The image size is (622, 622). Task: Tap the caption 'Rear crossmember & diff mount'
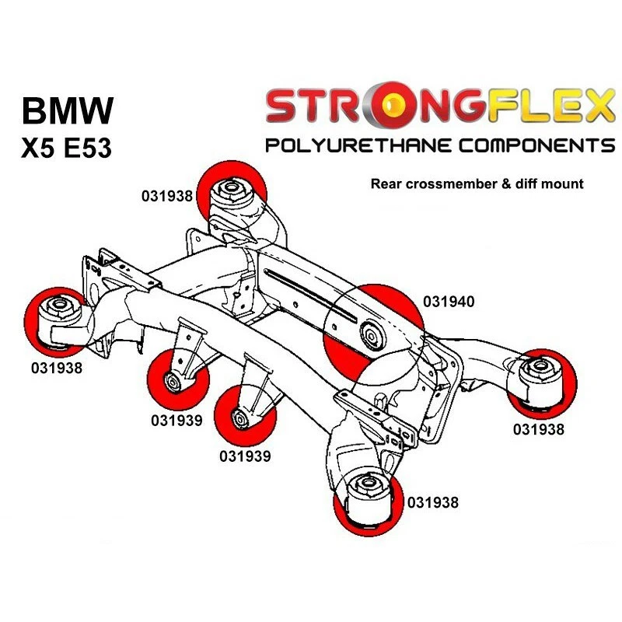click(x=477, y=184)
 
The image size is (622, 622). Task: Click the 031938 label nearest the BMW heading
click(x=166, y=196)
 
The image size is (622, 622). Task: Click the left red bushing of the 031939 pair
click(x=179, y=382)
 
